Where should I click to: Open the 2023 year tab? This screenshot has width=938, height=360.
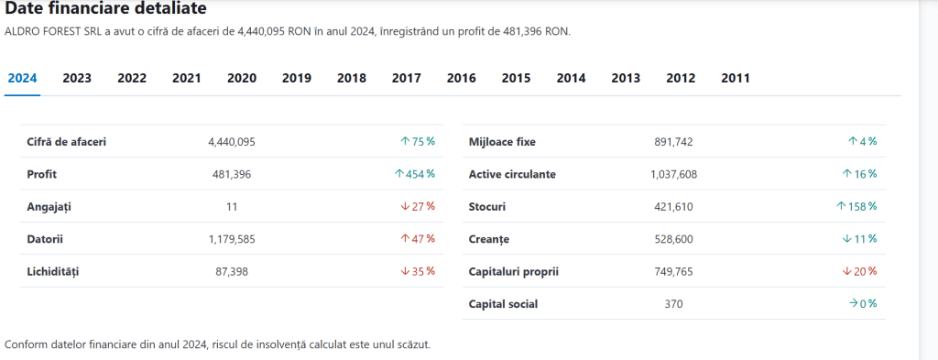pos(77,79)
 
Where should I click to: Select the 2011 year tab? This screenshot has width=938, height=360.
pos(736,79)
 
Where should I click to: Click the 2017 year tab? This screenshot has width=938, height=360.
pos(406,79)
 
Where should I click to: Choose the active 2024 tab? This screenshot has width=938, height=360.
pos(23,79)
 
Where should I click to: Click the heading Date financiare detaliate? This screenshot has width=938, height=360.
pos(106,9)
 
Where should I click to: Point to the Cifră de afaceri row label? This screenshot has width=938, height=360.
pos(66,142)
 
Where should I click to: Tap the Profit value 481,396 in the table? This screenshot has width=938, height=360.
pos(232,175)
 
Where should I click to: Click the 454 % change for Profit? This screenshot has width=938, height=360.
pos(415,174)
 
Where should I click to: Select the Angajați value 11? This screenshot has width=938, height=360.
pos(232,207)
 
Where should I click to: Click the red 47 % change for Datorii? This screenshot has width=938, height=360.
pos(418,238)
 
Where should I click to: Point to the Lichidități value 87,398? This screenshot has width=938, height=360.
pos(232,271)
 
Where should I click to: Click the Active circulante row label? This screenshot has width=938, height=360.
pos(512,175)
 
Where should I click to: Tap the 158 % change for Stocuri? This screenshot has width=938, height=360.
pos(856,206)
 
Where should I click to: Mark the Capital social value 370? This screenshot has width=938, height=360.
pos(673,304)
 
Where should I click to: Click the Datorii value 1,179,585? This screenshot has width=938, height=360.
pos(232,239)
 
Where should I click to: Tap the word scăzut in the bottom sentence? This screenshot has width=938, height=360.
pos(413,345)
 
